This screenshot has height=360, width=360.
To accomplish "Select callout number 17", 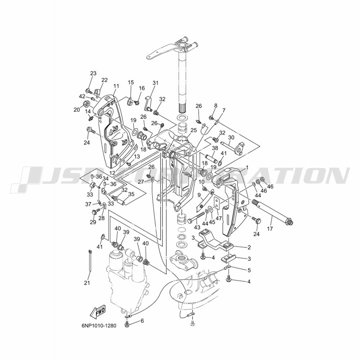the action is click(x=270, y=229).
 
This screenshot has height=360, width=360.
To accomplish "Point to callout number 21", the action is click(x=87, y=283).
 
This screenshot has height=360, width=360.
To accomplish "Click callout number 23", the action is click(x=93, y=73).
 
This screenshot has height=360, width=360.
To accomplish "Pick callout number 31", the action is click(x=156, y=83).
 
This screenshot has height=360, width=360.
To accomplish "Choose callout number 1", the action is click(x=247, y=168).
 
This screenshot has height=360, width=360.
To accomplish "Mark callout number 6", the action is click(x=142, y=321).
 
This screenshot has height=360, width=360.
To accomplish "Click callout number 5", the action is click(x=249, y=270).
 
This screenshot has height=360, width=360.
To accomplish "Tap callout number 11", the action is click(x=116, y=86).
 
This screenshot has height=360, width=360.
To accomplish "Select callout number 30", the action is click(x=231, y=137).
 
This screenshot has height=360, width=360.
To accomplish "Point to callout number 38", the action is click(x=215, y=148).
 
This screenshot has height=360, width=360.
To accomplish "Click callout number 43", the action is click(x=197, y=227).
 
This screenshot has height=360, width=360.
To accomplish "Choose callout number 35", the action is click(x=131, y=194).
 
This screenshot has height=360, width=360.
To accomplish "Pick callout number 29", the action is click(x=93, y=222).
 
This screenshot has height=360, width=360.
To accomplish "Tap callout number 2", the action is click(x=249, y=248).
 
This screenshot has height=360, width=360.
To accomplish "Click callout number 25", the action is click(x=194, y=130).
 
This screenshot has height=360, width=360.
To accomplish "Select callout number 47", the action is click(x=219, y=218).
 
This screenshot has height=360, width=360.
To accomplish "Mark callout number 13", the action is click(x=137, y=157).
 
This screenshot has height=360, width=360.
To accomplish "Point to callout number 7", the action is click(x=224, y=111).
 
